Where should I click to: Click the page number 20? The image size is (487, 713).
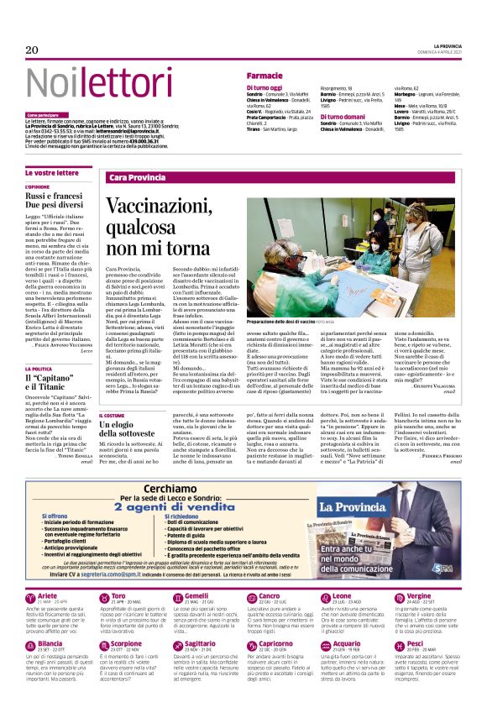click(32, 50)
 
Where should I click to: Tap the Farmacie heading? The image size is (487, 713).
click(264, 76)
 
